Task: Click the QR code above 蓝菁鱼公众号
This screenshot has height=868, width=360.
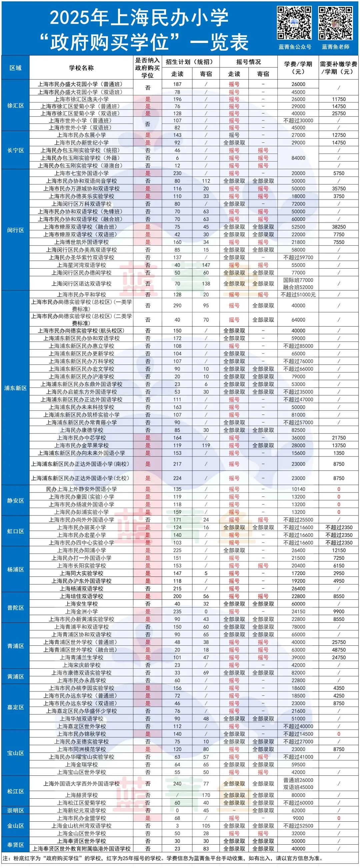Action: (x=294, y=23)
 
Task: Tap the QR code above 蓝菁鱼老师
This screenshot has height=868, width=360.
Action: (x=335, y=23)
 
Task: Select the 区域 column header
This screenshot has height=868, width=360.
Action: (x=16, y=68)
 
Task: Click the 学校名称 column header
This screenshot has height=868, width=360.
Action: (x=81, y=68)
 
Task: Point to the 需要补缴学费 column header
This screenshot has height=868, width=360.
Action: (x=338, y=68)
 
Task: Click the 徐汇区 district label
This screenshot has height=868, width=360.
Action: (x=16, y=106)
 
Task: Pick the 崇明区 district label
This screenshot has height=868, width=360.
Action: (x=16, y=810)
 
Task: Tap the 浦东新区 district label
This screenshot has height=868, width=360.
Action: (x=16, y=388)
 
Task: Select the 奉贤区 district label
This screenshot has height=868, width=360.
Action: (x=16, y=845)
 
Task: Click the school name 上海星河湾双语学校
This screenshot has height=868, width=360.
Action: (x=81, y=265)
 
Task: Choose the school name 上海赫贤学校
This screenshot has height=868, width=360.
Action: (x=81, y=795)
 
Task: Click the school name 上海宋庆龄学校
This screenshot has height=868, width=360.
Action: (x=81, y=665)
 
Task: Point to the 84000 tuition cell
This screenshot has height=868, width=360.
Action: (x=298, y=158)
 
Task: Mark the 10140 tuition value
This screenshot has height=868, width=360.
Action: (x=298, y=489)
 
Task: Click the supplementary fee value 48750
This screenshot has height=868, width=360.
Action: (x=339, y=650)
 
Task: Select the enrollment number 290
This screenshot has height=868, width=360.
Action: (x=177, y=306)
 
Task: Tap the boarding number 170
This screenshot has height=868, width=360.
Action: (x=206, y=795)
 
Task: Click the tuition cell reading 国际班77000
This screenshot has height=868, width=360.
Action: (x=298, y=280)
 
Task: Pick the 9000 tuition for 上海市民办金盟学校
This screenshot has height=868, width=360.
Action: (x=298, y=818)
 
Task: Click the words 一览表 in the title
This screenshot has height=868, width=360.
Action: (x=219, y=42)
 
